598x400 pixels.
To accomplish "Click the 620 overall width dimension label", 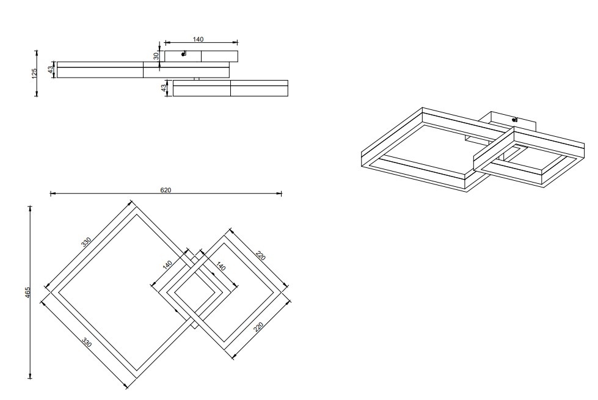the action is pyautogui.click(x=166, y=190).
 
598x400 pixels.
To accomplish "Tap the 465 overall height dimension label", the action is pyautogui.click(x=27, y=293).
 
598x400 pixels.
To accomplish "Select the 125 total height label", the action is pyautogui.click(x=35, y=74).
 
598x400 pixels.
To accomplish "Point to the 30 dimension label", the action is pyautogui.click(x=156, y=56).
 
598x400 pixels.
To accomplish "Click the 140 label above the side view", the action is pyautogui.click(x=198, y=39).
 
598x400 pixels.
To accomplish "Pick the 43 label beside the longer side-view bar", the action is pyautogui.click(x=51, y=70).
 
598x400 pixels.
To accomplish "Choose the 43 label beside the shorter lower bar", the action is pyautogui.click(x=164, y=88).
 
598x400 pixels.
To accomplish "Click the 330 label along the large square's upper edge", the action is pyautogui.click(x=86, y=242).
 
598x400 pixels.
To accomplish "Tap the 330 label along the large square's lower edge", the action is pyautogui.click(x=87, y=342).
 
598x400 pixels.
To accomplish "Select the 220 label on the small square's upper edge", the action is pyautogui.click(x=260, y=255).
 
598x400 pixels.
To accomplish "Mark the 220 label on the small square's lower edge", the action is pyautogui.click(x=258, y=327).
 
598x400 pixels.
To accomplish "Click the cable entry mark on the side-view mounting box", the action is pyautogui.click(x=184, y=54).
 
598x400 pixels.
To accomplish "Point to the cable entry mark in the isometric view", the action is pyautogui.click(x=514, y=120).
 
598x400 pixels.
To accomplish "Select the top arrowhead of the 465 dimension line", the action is pyautogui.click(x=30, y=209).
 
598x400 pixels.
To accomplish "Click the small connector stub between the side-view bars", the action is pyautogui.click(x=197, y=79).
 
